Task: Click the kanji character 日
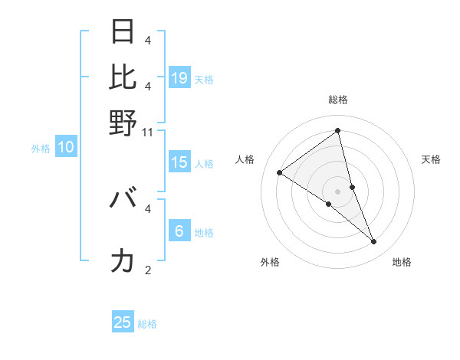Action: (123, 32)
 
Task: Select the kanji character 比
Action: (123, 77)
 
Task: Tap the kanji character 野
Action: (123, 122)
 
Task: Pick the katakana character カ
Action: (123, 261)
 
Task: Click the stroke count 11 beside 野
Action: (148, 132)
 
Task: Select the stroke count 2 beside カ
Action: (148, 270)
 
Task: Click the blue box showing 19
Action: (179, 77)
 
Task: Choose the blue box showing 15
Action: (179, 162)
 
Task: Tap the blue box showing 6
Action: (179, 231)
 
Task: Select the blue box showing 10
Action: (65, 147)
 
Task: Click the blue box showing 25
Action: (123, 322)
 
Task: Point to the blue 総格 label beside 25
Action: (148, 324)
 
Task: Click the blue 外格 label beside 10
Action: (41, 149)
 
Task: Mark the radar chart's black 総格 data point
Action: (338, 131)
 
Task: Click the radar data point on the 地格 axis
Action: (374, 242)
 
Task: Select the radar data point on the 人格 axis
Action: (279, 172)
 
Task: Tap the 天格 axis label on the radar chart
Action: (431, 159)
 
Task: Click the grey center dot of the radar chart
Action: (338, 191)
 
